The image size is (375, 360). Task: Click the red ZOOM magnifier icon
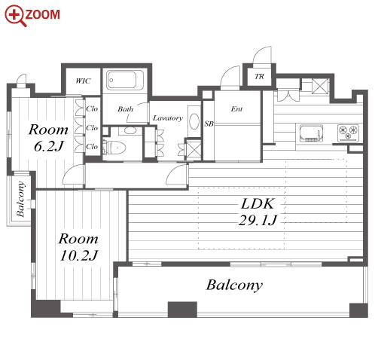[x=16, y=16]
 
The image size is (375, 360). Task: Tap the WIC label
[x=83, y=81]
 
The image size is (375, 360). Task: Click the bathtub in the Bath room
[x=125, y=80]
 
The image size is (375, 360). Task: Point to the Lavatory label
[x=168, y=118]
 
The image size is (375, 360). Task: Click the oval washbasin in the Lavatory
[x=194, y=122]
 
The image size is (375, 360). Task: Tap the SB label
[x=209, y=124]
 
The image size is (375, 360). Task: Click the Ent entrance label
[x=236, y=109]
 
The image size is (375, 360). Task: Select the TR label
[x=259, y=76]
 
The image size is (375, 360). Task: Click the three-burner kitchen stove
[x=348, y=133]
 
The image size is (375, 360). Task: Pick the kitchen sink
[x=311, y=133]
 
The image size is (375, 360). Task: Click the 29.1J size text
[x=258, y=221]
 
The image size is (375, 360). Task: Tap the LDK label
[x=258, y=204]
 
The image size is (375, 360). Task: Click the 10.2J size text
[x=78, y=255]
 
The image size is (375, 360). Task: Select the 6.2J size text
[x=48, y=146]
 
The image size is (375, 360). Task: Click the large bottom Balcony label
[x=234, y=285]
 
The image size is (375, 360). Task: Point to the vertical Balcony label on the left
[x=20, y=199]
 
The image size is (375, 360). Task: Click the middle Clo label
[x=92, y=128]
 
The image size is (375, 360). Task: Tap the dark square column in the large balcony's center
[x=182, y=310]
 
